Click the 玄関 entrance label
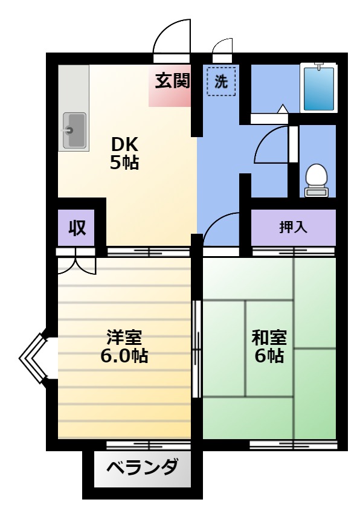[x=172, y=81]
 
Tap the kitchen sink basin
[x=75, y=130]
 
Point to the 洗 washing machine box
[x=221, y=81]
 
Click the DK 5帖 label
[x=124, y=153]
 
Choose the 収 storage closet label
[x=77, y=228]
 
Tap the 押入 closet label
[x=293, y=227]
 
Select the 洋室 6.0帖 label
[x=124, y=347]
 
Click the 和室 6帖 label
[x=269, y=347]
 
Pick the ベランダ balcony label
[x=143, y=468]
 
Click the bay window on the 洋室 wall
[x=33, y=358]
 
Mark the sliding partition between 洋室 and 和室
[x=196, y=349]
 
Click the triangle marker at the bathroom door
[x=283, y=109]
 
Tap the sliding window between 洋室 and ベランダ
[x=149, y=445]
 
